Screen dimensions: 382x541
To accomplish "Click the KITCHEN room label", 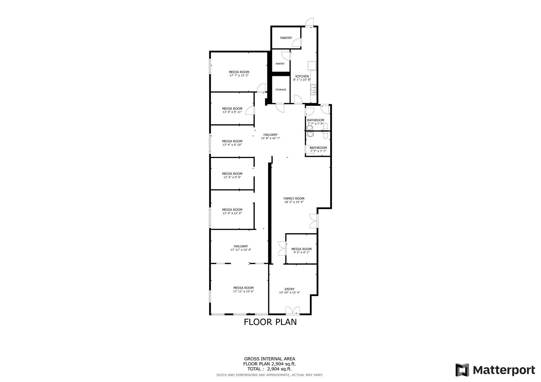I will tap(302, 77).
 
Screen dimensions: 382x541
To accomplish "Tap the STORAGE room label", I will tap(281, 90).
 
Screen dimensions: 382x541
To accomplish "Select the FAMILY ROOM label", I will tap(294, 199).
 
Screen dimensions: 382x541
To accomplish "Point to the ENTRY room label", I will tap(290, 289).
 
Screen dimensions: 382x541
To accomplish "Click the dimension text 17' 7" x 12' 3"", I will tap(239, 75).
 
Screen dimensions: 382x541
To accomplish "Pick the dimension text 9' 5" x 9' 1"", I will tap(301, 252).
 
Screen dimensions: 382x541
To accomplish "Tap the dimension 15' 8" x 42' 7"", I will tap(270, 138).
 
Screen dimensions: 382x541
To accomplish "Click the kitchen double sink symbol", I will tap(314, 90).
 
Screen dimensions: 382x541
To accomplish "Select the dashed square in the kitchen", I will tap(312, 65).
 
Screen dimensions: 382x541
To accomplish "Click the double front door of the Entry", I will tap(293, 311).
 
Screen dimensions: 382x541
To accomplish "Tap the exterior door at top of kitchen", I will tap(310, 23).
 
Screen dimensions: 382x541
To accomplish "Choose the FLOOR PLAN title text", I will tap(270, 322).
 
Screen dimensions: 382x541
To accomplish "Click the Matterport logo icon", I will tap(462, 370).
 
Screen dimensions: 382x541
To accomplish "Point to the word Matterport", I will tap(504, 370).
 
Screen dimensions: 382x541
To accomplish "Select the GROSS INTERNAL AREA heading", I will tap(269, 359).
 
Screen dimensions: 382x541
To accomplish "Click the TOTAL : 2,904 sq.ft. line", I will tap(269, 369).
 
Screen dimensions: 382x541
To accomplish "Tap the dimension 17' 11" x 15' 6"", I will tap(243, 292).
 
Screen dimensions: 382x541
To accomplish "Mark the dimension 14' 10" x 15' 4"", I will tap(290, 293).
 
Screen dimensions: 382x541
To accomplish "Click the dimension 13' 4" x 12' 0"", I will tap(232, 213).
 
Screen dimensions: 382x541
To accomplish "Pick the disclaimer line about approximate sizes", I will tap(269, 375).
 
